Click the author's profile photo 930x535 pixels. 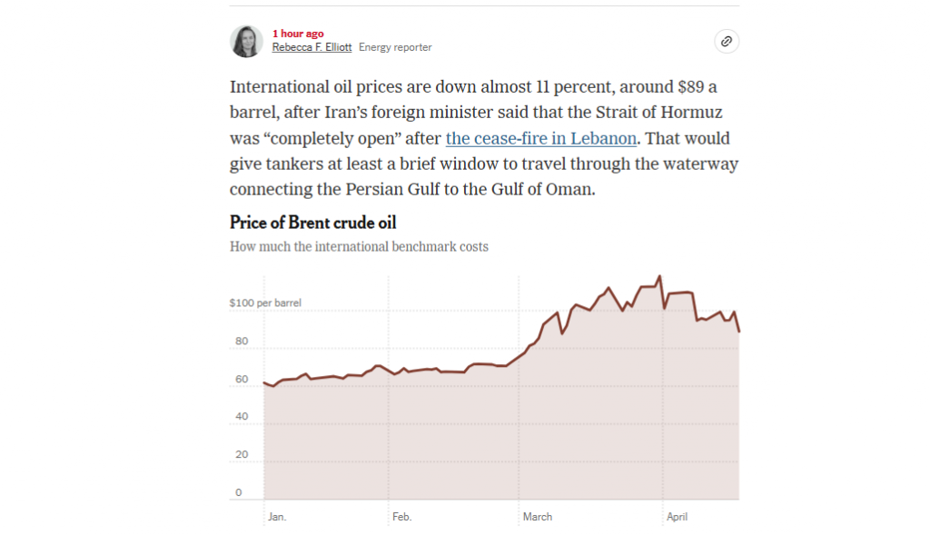pos(246,41)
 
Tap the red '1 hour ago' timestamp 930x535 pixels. pos(298,34)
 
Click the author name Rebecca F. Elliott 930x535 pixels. pos(312,47)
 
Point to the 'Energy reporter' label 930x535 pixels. pos(395,47)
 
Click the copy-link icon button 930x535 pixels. pos(726,41)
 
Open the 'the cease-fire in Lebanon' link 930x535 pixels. pos(540,139)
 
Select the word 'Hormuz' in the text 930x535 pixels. pos(690,113)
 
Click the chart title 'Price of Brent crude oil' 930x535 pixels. pos(312,223)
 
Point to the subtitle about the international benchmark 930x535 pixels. pos(359,246)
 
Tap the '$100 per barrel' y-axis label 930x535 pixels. pos(265,302)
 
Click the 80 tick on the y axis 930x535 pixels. pos(242,342)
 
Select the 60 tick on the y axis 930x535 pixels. pos(242,379)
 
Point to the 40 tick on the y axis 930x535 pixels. pos(242,417)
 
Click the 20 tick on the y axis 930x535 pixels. pos(242,454)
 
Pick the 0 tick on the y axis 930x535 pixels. pos(239,492)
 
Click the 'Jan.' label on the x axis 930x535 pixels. pos(277,517)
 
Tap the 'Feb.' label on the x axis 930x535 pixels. pos(401,517)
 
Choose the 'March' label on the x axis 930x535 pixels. pos(538,517)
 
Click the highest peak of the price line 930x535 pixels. pos(659,275)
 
